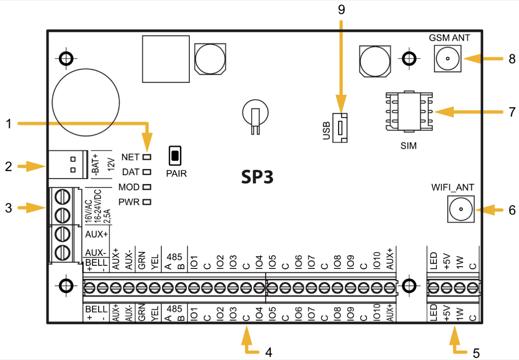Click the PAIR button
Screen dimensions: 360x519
(x=175, y=156)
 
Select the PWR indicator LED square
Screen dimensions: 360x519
(x=147, y=202)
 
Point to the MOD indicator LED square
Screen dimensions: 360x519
(x=147, y=187)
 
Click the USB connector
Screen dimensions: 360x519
(x=340, y=128)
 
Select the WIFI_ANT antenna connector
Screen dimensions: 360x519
(x=460, y=210)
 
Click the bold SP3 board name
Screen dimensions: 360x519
(x=257, y=177)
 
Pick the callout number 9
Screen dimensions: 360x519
(x=342, y=10)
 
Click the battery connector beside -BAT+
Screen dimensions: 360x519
(x=69, y=164)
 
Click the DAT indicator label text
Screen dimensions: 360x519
(x=131, y=172)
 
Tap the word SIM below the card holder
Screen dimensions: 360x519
(x=409, y=146)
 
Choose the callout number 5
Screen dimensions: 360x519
(x=476, y=353)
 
